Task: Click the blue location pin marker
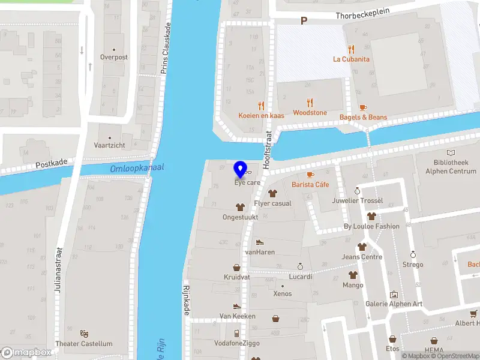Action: click(x=241, y=169)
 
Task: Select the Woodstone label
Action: click(x=310, y=113)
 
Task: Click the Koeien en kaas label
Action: click(x=260, y=115)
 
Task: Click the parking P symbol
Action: click(x=304, y=21)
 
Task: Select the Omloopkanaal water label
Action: click(x=137, y=169)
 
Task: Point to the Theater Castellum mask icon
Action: click(x=84, y=332)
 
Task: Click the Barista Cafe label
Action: click(x=310, y=185)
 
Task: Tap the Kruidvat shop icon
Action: click(x=237, y=268)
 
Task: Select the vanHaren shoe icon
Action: click(x=260, y=242)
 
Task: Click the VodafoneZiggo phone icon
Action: click(x=237, y=333)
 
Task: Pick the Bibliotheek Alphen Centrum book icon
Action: click(x=451, y=153)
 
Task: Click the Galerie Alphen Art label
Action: click(x=394, y=304)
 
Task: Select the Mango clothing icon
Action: click(x=353, y=275)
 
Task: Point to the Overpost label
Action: click(x=114, y=58)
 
